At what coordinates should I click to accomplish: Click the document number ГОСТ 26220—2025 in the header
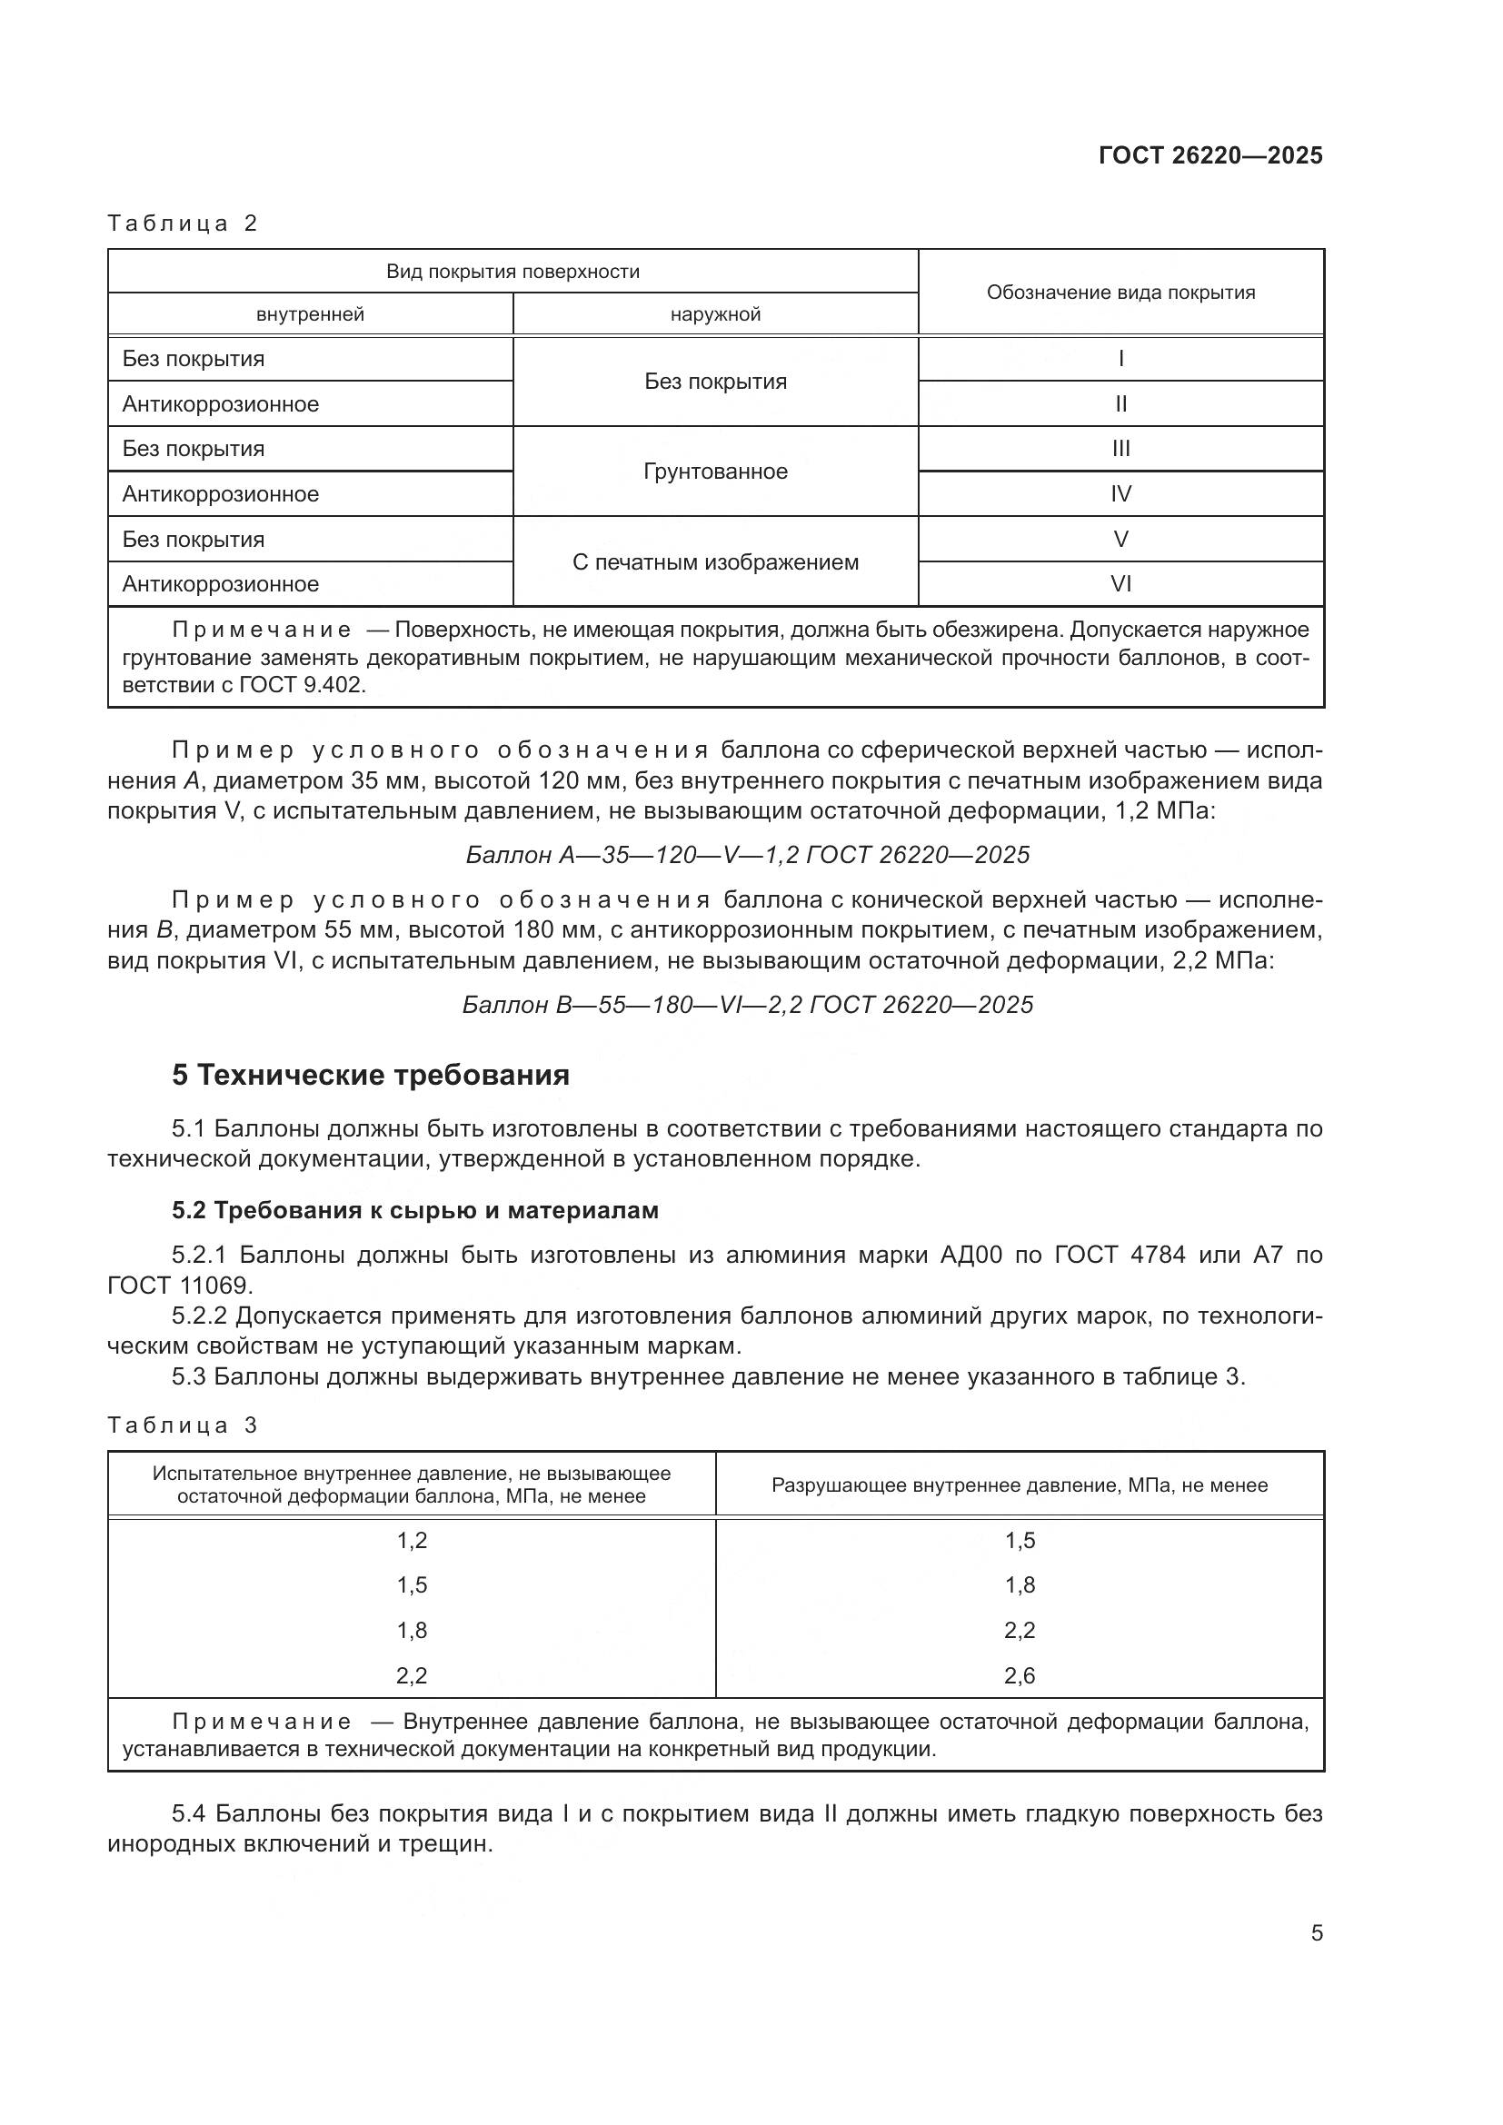tap(1210, 155)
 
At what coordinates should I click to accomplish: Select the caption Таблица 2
tap(183, 223)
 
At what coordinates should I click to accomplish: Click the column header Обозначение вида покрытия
tap(1120, 293)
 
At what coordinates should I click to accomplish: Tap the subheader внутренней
tap(310, 314)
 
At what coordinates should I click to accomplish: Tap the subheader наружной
tap(715, 314)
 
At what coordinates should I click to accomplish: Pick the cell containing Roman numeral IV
tap(1120, 494)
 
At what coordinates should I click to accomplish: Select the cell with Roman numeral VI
tap(1120, 584)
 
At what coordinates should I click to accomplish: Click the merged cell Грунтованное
tap(715, 472)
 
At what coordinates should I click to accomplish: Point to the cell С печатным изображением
tap(715, 561)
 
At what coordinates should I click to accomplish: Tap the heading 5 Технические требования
tap(370, 1076)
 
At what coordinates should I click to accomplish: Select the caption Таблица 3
tap(183, 1425)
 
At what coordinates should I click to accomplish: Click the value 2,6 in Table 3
tap(1019, 1676)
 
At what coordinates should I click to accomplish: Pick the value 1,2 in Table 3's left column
tap(412, 1541)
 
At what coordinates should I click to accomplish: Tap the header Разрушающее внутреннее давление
tap(1019, 1485)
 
